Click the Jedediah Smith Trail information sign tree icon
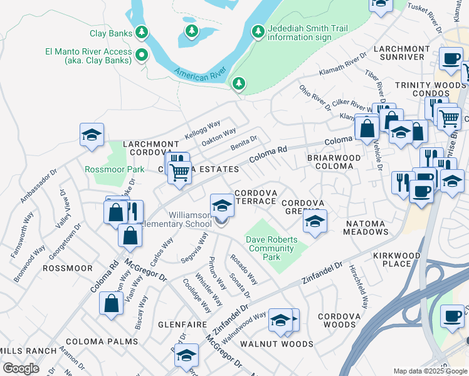(257, 31)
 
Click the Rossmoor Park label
(105, 169)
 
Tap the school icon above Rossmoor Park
(92, 135)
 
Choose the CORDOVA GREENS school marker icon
(315, 221)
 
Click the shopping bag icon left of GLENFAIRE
(111, 303)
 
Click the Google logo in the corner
(21, 368)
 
